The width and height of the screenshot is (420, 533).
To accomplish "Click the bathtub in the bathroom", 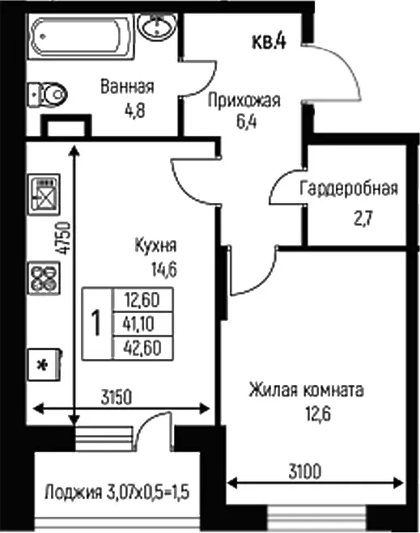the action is coord(81,36).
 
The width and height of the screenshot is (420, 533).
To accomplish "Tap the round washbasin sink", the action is coord(157,27).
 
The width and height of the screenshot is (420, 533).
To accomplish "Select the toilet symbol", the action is coord(47,95).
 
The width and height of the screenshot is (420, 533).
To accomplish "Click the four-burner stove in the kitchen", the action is coord(44,278).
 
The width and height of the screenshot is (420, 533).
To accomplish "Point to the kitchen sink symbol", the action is coord(44,194).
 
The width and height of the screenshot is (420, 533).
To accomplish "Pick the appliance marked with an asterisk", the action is coord(45,364).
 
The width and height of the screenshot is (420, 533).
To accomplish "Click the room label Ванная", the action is coord(127,87).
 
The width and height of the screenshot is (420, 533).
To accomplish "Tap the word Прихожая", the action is coord(244,100).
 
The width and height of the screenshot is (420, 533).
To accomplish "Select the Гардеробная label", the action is coord(349,188).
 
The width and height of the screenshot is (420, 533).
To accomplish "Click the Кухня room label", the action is coord(155,245).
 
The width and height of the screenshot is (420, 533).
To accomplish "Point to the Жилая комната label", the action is coord(307,390).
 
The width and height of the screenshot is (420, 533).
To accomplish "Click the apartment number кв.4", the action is coord(269,41).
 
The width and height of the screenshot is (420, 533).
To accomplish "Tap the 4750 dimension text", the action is coord(63,238).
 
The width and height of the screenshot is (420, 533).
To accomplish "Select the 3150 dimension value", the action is coord(117,397).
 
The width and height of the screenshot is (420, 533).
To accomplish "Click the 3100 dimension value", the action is coord(305,472).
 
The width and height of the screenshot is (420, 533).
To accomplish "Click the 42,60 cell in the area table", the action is coord(143,348).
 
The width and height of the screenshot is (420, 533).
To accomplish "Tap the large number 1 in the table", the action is coord(97,323).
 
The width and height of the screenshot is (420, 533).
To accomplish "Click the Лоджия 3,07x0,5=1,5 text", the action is coord(117,493).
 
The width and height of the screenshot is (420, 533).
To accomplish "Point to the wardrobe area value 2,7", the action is coord(363,218).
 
